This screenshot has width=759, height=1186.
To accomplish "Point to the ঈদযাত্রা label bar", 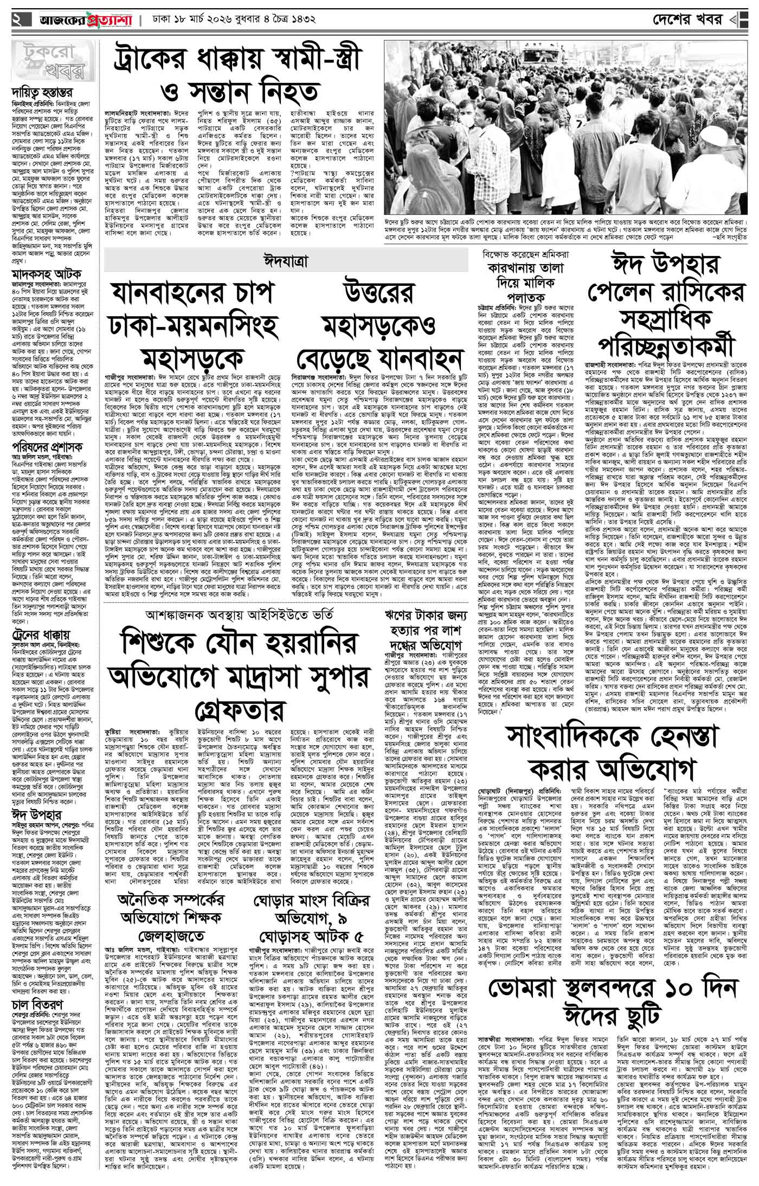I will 286,260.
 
